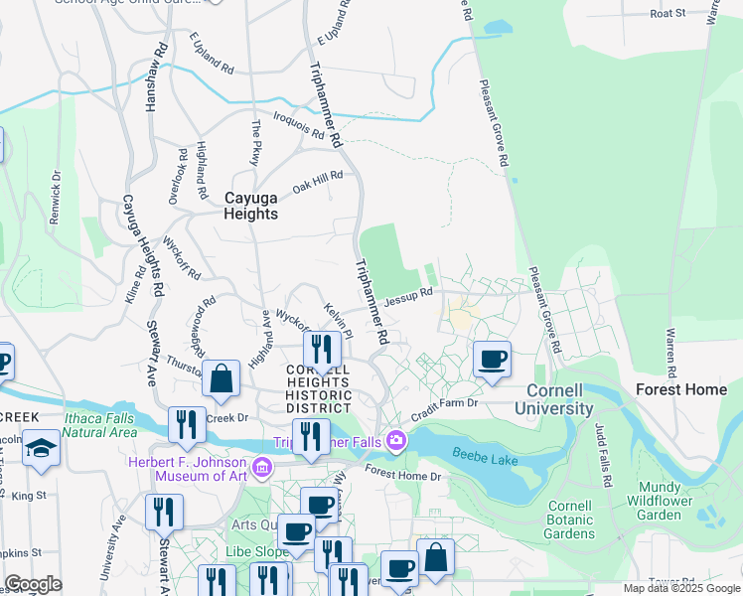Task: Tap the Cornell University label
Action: pos(560,399)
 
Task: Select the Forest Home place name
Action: pos(680,389)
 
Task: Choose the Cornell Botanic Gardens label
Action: pos(570,520)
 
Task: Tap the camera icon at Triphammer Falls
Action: pos(397,439)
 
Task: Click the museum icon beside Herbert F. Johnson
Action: pos(262,465)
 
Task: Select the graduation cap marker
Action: pos(43,448)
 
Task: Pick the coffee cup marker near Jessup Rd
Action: pos(491,360)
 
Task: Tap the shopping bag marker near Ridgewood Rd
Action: pos(222,378)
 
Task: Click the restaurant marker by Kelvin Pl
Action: pos(322,349)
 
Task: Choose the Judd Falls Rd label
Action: pos(602,449)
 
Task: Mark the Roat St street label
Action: pos(668,13)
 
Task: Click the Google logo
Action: pos(33,584)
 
